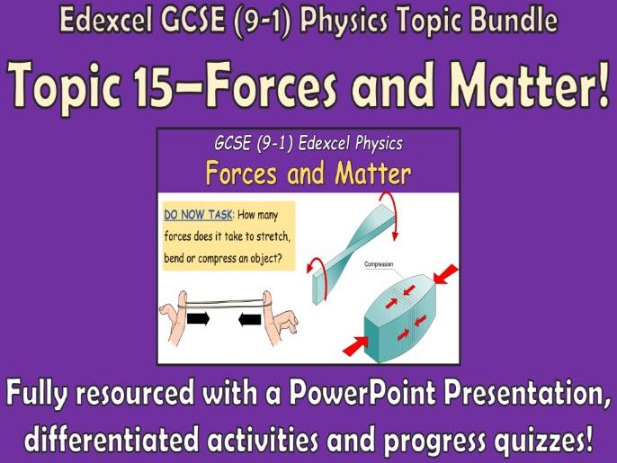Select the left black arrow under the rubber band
pyautogui.click(x=197, y=318)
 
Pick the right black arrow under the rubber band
pyautogui.click(x=249, y=318)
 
